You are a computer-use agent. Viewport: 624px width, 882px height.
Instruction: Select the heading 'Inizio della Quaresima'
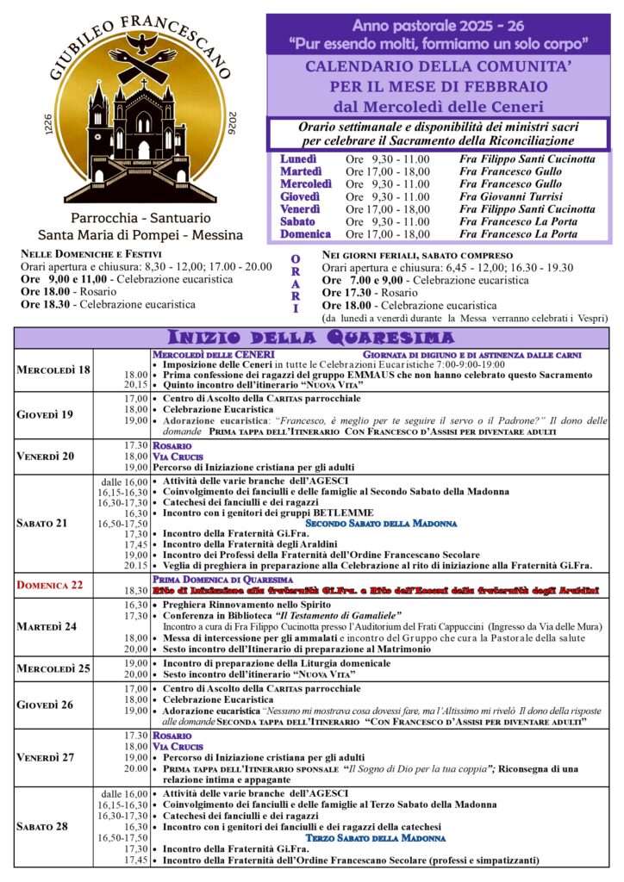(311, 337)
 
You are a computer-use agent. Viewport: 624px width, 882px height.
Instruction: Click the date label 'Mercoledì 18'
(53, 370)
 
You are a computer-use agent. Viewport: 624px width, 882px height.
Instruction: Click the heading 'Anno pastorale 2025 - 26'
(439, 26)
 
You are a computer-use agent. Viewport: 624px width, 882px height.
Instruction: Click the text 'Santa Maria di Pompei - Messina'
(140, 234)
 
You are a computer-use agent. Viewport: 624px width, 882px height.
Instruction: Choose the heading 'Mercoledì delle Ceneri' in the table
(214, 354)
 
